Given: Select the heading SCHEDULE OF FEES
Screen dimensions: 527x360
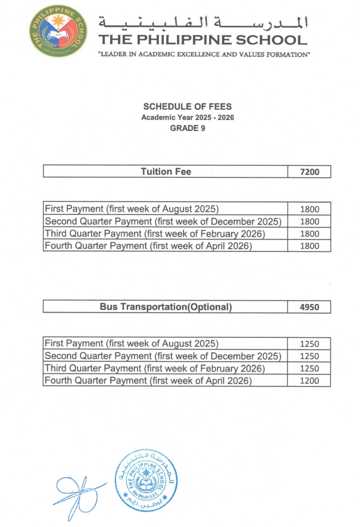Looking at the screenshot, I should pos(187,107).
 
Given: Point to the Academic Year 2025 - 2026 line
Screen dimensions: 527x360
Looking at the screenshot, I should pos(187,117).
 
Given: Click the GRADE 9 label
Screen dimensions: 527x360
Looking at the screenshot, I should pos(187,128).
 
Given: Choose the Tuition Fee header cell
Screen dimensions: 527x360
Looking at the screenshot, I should pos(166,171).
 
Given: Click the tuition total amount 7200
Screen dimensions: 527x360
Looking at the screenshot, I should pos(309,172).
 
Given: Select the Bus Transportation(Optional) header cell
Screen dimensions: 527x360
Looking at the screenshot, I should pos(166,307).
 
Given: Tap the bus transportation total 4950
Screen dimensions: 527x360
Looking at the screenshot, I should pos(309,308).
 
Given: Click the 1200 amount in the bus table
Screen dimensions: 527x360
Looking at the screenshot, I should pos(309,381).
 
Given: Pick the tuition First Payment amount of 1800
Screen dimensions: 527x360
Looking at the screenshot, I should pos(309,209).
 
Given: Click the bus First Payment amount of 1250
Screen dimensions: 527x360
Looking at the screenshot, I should pos(309,344).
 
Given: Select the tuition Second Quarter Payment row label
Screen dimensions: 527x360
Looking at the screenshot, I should pos(163,221).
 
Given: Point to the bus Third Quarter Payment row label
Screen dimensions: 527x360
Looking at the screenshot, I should pos(155,368).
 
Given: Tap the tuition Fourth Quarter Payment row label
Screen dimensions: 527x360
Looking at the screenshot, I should pos(149,246).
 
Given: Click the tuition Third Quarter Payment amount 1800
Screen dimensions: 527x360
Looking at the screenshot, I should pos(309,234).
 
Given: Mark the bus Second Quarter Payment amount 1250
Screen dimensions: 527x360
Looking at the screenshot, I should pos(309,356).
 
